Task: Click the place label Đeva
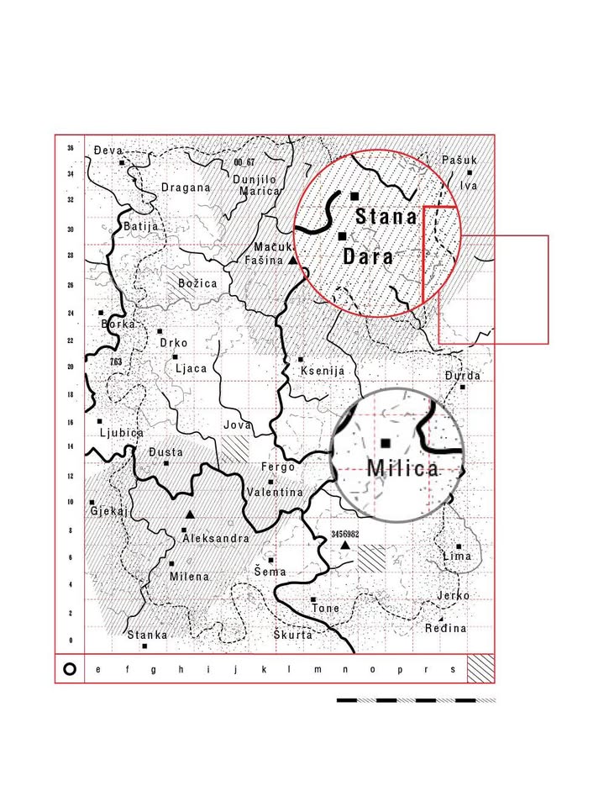(108, 150)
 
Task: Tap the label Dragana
(186, 187)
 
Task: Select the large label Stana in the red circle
(386, 217)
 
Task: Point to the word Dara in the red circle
(369, 256)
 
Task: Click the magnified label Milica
(403, 468)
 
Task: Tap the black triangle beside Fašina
(292, 261)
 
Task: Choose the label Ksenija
(322, 371)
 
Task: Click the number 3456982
(345, 534)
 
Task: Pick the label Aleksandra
(216, 538)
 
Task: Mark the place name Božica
(197, 283)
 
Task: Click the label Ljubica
(122, 433)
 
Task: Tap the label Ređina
(445, 629)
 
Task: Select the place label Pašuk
(459, 160)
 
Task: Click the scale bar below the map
(416, 699)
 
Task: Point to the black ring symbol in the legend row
(71, 669)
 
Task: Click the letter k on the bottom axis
(264, 670)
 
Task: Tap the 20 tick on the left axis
(71, 367)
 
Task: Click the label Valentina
(275, 492)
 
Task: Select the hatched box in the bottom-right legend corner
(480, 669)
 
